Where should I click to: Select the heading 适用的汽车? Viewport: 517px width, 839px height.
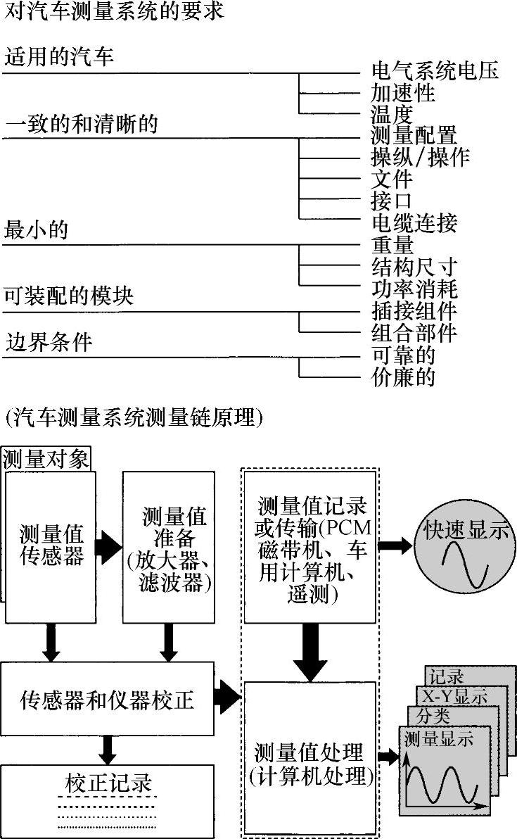tap(59, 56)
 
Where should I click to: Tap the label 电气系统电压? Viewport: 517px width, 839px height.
tap(435, 71)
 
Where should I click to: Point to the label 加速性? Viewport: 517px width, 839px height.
tap(403, 93)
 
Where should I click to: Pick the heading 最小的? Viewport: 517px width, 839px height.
tap(37, 229)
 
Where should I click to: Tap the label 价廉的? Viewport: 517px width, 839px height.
tap(403, 377)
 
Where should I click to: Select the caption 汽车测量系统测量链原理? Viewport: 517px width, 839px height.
tap(133, 418)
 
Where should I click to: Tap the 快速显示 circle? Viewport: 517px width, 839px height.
tap(465, 546)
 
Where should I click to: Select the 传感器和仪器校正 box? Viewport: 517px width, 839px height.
tap(107, 700)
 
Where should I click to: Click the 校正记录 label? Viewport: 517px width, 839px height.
tap(108, 783)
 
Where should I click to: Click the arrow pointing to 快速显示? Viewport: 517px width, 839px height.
tap(395, 545)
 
